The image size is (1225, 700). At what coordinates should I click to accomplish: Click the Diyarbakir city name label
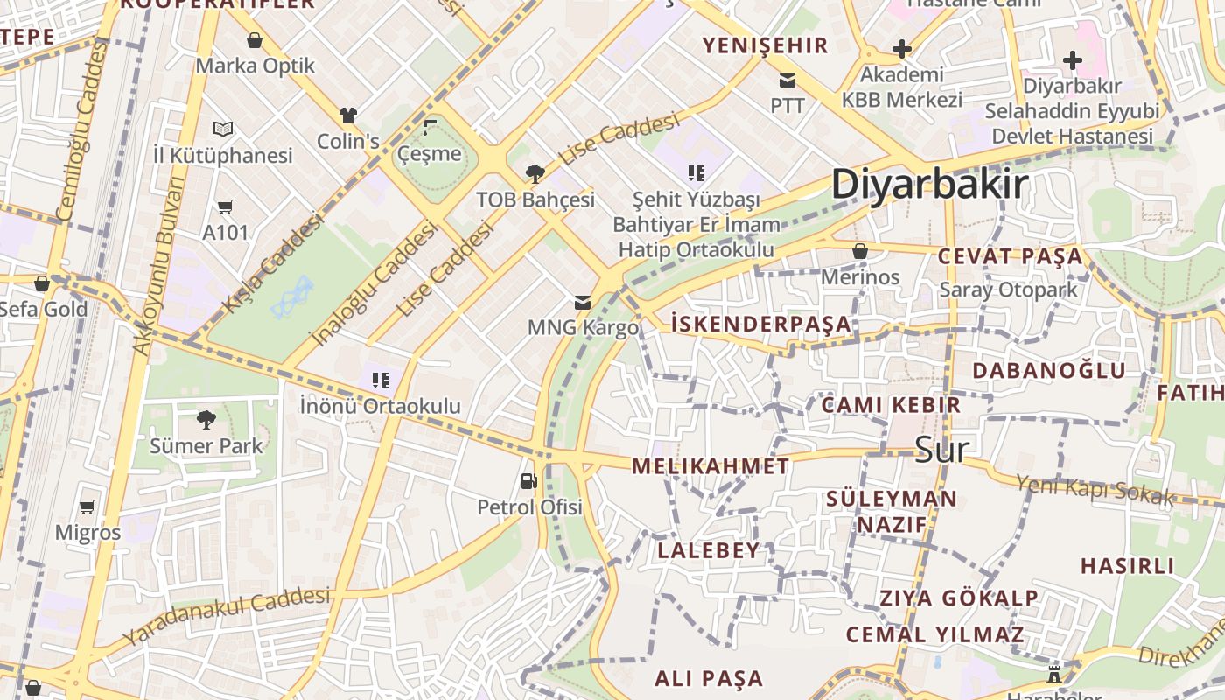[x=929, y=185]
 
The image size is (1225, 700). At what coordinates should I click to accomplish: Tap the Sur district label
[x=941, y=449]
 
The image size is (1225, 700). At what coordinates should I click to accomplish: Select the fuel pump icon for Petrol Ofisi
[x=528, y=480]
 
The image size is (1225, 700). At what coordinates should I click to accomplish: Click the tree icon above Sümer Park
[x=206, y=420]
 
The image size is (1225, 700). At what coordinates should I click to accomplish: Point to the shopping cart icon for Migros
[x=87, y=507]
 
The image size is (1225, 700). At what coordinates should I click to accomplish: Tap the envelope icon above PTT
[x=787, y=80]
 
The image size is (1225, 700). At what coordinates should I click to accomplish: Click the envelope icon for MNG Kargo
[x=582, y=303]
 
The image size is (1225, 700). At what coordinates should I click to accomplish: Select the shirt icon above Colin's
[x=348, y=115]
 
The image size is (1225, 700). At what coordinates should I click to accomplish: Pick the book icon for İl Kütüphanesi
[x=223, y=129]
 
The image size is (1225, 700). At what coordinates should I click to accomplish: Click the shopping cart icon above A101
[x=226, y=206]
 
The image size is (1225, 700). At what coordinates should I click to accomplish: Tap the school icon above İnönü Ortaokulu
[x=380, y=380]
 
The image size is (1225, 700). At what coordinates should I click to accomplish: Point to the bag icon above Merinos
[x=860, y=251]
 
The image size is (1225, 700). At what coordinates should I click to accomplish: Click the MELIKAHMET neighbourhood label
[x=710, y=466]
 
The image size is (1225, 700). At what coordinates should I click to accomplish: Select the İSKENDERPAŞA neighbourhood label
[x=760, y=324]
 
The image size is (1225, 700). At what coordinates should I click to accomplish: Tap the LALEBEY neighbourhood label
[x=709, y=550]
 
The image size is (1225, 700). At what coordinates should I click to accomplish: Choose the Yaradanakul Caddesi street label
[x=227, y=614]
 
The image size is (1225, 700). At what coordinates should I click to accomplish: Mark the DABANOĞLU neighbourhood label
[x=1049, y=370]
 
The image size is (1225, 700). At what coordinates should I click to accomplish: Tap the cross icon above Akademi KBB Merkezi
[x=902, y=49]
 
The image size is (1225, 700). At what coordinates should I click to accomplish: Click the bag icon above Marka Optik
[x=255, y=40]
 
